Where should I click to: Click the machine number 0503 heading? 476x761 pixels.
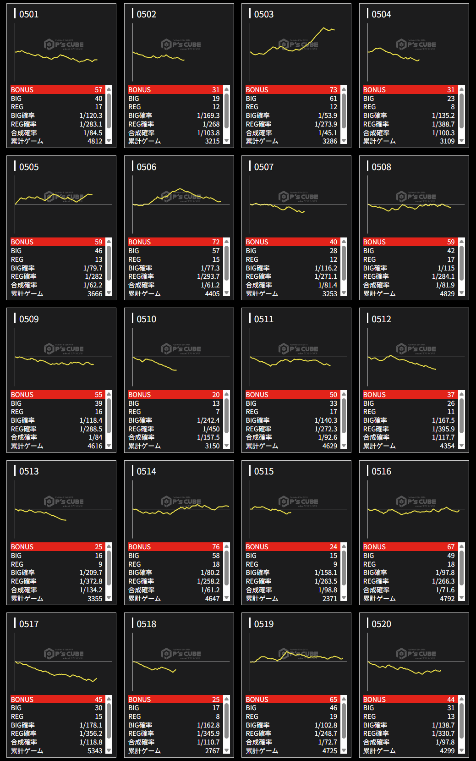click(x=263, y=14)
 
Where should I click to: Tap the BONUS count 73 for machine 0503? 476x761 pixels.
click(x=333, y=90)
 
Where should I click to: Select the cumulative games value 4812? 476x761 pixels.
click(x=95, y=141)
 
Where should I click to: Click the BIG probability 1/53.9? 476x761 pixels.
click(x=328, y=116)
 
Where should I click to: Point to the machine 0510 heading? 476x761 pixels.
click(x=146, y=319)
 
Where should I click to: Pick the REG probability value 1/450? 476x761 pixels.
click(x=211, y=429)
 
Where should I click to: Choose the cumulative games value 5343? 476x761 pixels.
click(x=95, y=751)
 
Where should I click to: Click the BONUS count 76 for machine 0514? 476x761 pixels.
click(x=216, y=547)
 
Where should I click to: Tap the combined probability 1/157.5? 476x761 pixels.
click(x=208, y=437)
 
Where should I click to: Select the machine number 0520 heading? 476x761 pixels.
click(x=381, y=624)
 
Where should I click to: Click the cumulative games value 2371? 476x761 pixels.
click(x=329, y=598)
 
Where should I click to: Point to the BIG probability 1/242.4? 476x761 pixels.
click(x=208, y=420)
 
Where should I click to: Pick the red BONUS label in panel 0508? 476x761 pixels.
click(x=374, y=242)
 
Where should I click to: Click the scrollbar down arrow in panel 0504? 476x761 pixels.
click(x=461, y=141)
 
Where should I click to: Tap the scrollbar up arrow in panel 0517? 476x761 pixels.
click(x=109, y=699)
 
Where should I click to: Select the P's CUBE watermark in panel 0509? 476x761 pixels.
click(x=64, y=349)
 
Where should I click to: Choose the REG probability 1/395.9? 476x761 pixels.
click(x=443, y=429)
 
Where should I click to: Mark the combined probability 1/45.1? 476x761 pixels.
click(x=328, y=133)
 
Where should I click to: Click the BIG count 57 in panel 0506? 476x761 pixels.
click(x=216, y=251)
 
